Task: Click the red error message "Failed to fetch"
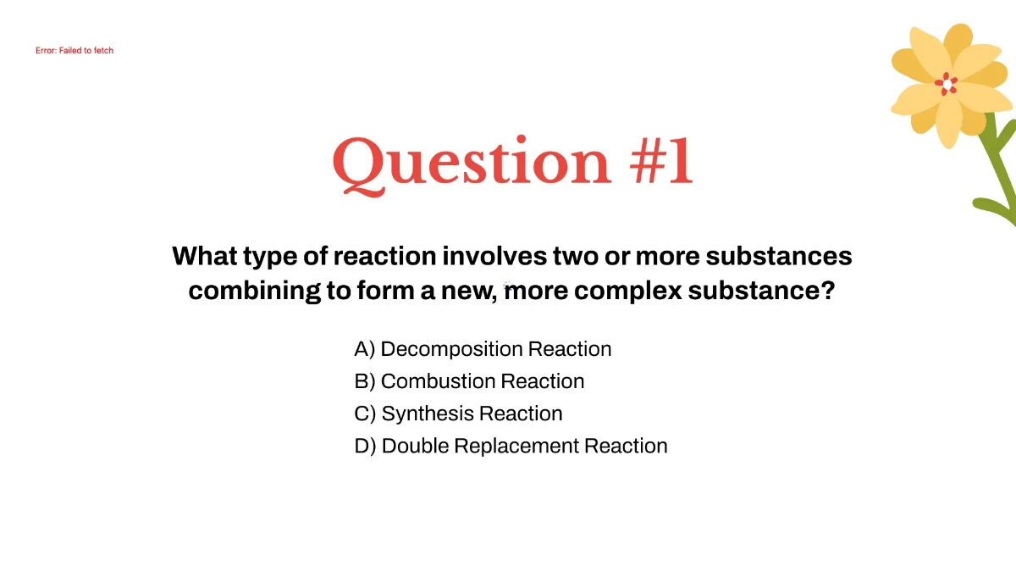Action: click(75, 51)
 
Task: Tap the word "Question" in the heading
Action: click(471, 162)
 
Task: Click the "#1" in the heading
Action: click(661, 162)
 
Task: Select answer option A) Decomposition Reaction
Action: click(483, 349)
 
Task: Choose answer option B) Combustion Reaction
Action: click(469, 381)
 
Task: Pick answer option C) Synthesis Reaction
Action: click(458, 414)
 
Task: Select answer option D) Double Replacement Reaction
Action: click(511, 446)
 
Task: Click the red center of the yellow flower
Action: click(947, 84)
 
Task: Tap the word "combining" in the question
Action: click(254, 291)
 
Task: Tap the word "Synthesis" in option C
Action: click(428, 414)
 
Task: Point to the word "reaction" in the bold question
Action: click(384, 255)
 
